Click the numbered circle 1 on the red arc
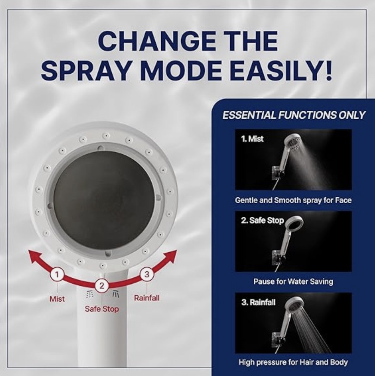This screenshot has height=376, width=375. [x=57, y=275]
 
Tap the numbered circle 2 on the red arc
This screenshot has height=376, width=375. [x=102, y=286]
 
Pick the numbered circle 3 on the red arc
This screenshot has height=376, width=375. [x=147, y=274]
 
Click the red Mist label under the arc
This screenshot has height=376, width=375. [x=57, y=299]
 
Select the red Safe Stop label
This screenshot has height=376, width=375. [x=102, y=309]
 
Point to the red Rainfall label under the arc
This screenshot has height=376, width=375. [x=147, y=298]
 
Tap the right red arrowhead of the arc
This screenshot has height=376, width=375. [x=170, y=257]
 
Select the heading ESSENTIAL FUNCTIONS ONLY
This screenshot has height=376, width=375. [x=294, y=115]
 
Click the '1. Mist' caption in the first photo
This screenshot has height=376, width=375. [x=252, y=139]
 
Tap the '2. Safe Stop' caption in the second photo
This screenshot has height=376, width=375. [x=263, y=220]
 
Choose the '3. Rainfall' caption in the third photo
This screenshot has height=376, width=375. [x=258, y=302]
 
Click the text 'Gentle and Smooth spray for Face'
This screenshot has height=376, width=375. [x=294, y=200]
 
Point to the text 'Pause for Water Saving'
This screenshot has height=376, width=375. [x=294, y=281]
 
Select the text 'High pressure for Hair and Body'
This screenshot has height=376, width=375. [x=293, y=362]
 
